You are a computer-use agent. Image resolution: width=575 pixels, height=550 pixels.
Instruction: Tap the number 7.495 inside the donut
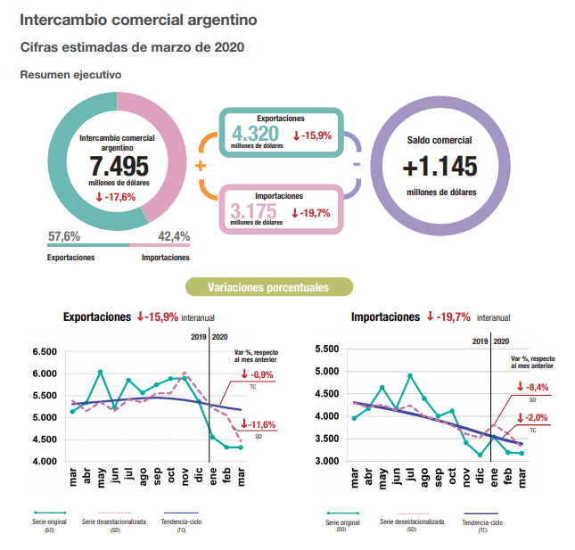[119, 168]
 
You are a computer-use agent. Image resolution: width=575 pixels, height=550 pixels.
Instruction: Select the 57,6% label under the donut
[64, 236]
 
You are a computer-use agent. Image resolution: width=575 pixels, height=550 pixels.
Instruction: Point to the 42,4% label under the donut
[174, 236]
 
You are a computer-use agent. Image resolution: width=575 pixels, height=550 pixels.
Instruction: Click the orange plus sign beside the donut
[200, 167]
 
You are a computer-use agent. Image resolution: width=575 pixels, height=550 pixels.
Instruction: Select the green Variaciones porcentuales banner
[268, 287]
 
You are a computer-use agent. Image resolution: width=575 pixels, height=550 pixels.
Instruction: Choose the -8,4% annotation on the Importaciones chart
[536, 387]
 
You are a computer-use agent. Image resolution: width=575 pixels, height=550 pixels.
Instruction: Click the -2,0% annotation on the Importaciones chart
[536, 417]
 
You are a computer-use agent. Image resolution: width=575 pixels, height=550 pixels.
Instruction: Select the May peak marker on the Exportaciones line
[101, 372]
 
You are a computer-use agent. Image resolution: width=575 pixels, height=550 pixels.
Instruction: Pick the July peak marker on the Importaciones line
[410, 375]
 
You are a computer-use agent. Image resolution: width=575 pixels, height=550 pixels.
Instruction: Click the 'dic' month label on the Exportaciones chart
[198, 478]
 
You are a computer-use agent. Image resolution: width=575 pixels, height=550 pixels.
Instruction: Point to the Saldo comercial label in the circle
[439, 141]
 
